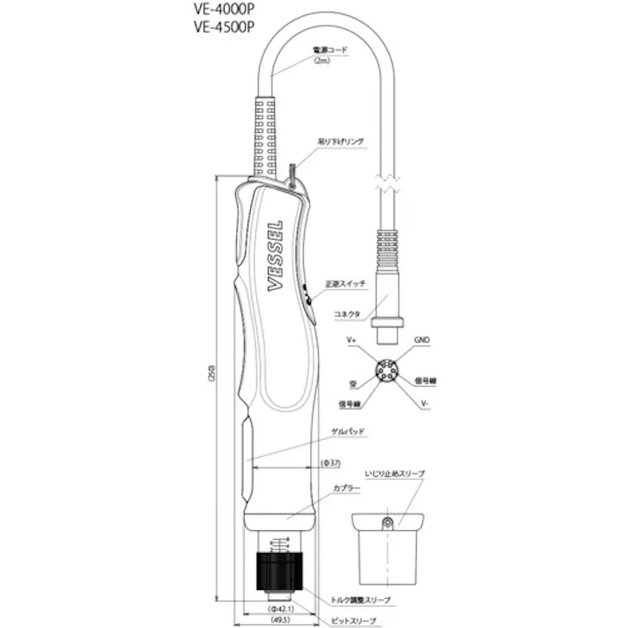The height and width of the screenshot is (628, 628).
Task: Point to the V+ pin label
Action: pyautogui.click(x=351, y=339)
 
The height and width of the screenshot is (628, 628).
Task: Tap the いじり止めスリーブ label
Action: pyautogui.click(x=395, y=474)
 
